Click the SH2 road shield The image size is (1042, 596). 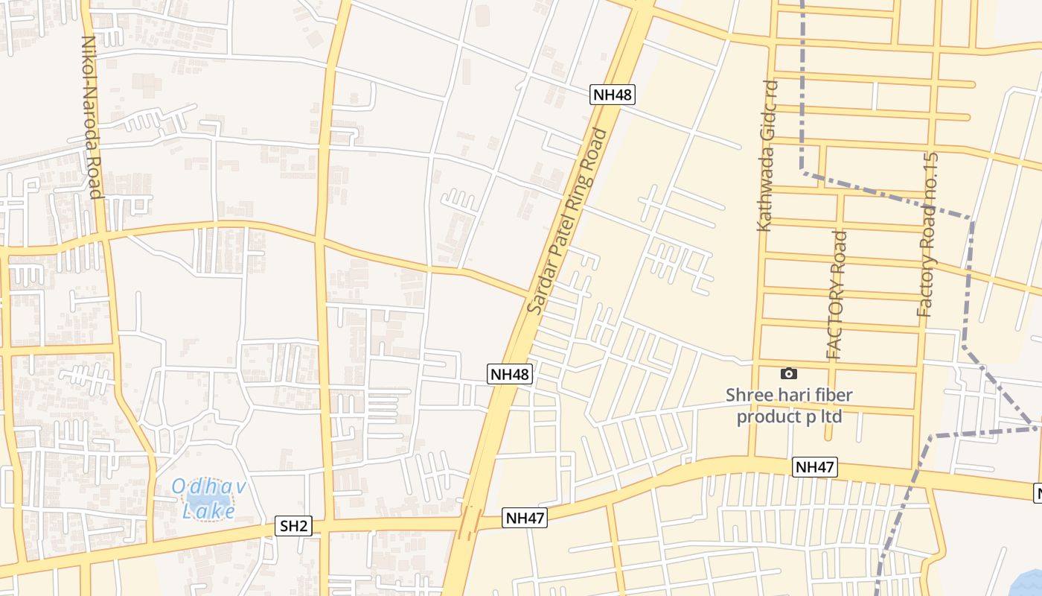pyautogui.click(x=293, y=526)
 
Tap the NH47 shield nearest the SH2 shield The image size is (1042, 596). pyautogui.click(x=525, y=518)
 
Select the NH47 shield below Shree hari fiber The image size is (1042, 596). pyautogui.click(x=815, y=467)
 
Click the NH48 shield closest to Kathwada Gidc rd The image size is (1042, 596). pyautogui.click(x=613, y=95)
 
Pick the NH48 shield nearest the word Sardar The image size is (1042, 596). pyautogui.click(x=511, y=374)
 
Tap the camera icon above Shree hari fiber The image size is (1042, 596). pyautogui.click(x=789, y=373)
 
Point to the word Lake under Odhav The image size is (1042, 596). pyautogui.click(x=209, y=512)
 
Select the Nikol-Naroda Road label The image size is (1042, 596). pyautogui.click(x=91, y=117)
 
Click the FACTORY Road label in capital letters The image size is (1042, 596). pyautogui.click(x=837, y=295)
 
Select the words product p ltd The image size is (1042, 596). pyautogui.click(x=789, y=416)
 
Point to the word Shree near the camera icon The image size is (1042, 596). pyautogui.click(x=747, y=395)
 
